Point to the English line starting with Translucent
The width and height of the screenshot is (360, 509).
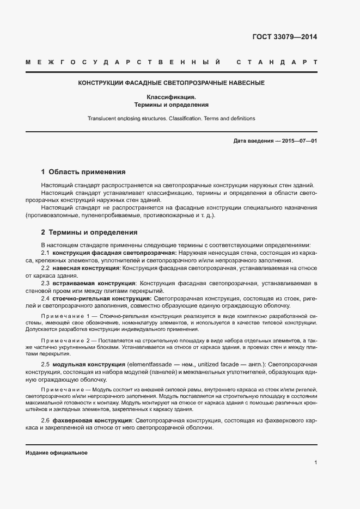coord(171,118)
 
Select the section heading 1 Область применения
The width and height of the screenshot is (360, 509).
coord(83,171)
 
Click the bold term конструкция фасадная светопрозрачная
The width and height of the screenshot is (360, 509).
coord(114,253)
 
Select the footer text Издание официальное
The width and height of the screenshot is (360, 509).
coord(56,453)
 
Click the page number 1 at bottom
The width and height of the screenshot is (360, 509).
coord(315,463)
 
